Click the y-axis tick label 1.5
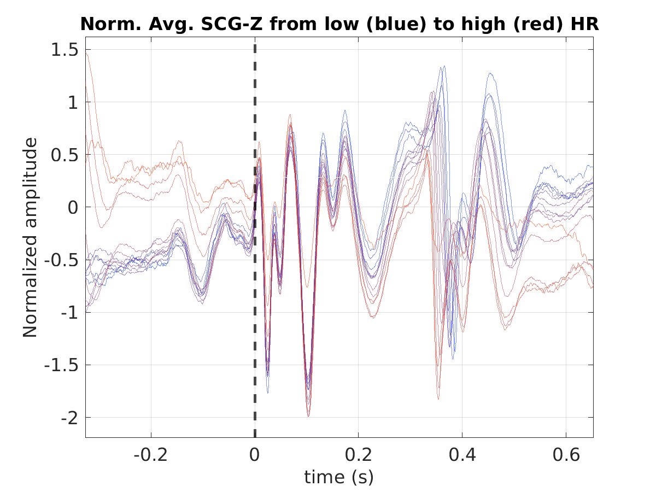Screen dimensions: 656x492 pos(65,50)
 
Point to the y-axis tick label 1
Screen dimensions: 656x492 pos(73,102)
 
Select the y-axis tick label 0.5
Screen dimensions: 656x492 pos(65,155)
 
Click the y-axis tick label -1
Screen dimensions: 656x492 pos(69,313)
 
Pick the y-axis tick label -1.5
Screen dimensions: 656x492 pos(61,366)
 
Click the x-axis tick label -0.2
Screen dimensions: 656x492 pos(150,455)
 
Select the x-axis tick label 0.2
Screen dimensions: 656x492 pos(358,455)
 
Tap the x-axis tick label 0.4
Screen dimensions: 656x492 pos(462,455)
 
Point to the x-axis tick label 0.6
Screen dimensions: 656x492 pos(566,455)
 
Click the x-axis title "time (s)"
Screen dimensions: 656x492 pos(339,477)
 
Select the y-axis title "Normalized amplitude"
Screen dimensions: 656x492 pos(30,237)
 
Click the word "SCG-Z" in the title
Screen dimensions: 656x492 pos(232,24)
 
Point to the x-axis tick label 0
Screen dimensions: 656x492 pos(254,455)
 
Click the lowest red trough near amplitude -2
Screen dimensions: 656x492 pos(308,416)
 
